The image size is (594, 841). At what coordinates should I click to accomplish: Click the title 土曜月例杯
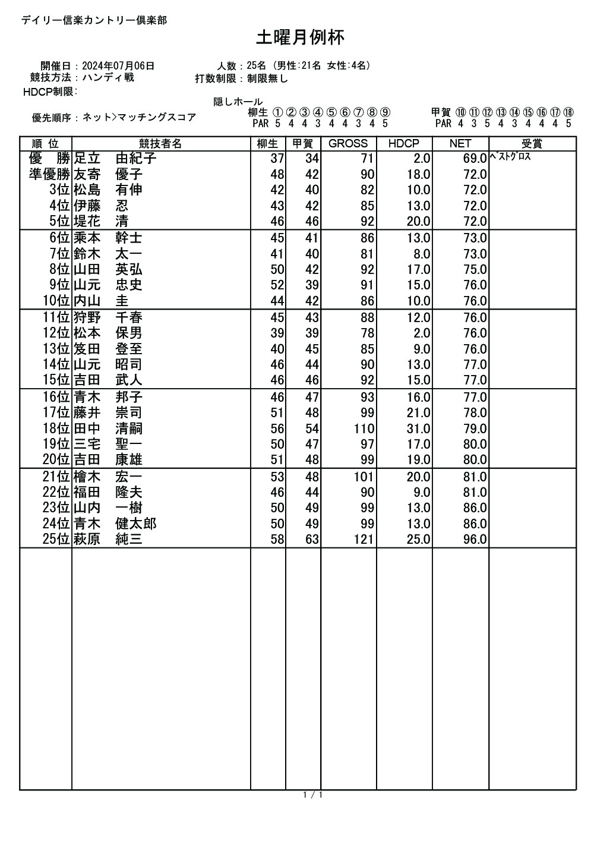pyautogui.click(x=300, y=38)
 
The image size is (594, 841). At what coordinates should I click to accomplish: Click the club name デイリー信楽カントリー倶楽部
pyautogui.click(x=94, y=20)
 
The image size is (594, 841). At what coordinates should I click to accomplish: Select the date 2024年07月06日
pyautogui.click(x=118, y=66)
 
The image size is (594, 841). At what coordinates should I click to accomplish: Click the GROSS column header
pyautogui.click(x=348, y=144)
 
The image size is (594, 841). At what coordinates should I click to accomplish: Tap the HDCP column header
pyautogui.click(x=403, y=144)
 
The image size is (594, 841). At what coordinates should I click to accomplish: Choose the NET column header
pyautogui.click(x=460, y=144)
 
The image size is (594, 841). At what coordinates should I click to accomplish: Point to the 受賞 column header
pyautogui.click(x=532, y=144)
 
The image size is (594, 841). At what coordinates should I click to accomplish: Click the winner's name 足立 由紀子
pyautogui.click(x=115, y=159)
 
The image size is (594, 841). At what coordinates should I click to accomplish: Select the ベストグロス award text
pyautogui.click(x=510, y=158)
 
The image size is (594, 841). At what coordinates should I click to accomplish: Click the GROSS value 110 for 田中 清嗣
pyautogui.click(x=364, y=429)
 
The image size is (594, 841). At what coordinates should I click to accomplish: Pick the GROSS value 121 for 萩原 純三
pyautogui.click(x=364, y=540)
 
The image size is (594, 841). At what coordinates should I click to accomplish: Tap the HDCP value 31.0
pyautogui.click(x=418, y=429)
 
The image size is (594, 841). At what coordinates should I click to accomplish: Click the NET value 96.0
pyautogui.click(x=475, y=540)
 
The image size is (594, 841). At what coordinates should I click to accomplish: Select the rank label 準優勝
pyautogui.click(x=50, y=175)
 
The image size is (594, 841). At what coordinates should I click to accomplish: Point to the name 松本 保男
pyautogui.click(x=108, y=333)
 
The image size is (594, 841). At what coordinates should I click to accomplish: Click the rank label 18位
pyautogui.click(x=56, y=429)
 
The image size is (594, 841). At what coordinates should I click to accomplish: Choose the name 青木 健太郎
pyautogui.click(x=115, y=524)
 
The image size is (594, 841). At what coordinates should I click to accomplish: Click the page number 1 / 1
pyautogui.click(x=312, y=795)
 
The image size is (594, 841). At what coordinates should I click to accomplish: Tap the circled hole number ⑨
pyautogui.click(x=385, y=112)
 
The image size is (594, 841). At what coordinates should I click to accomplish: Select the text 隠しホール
pyautogui.click(x=238, y=102)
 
